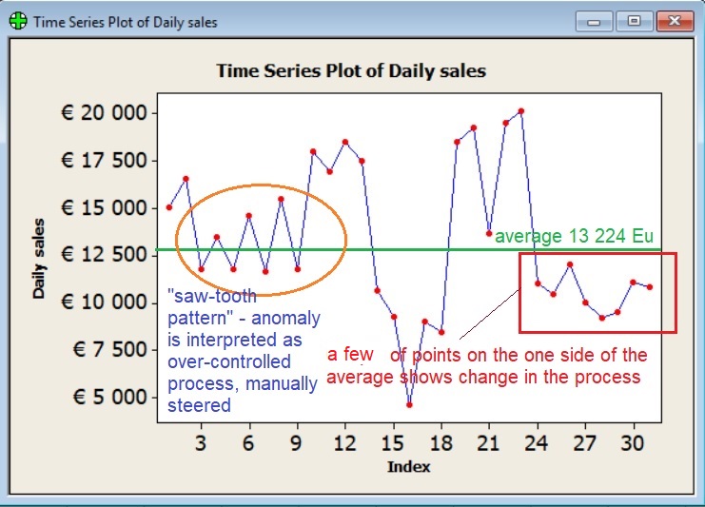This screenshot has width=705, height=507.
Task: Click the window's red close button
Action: click(675, 22)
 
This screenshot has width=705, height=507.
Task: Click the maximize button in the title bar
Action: click(633, 22)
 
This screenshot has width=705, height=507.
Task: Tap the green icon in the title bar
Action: click(18, 22)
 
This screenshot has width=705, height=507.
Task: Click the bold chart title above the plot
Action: click(350, 71)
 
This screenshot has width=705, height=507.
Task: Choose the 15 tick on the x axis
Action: click(391, 442)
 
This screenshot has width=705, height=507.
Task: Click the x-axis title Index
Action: click(408, 467)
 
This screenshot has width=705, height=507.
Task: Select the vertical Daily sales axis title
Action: click(39, 257)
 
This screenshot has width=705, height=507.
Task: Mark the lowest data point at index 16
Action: click(409, 404)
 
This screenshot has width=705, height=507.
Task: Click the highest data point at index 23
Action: click(521, 111)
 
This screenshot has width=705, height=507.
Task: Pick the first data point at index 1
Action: click(168, 207)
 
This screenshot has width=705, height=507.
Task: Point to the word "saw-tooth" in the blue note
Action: click(211, 296)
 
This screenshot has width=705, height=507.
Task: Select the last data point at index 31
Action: click(650, 286)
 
